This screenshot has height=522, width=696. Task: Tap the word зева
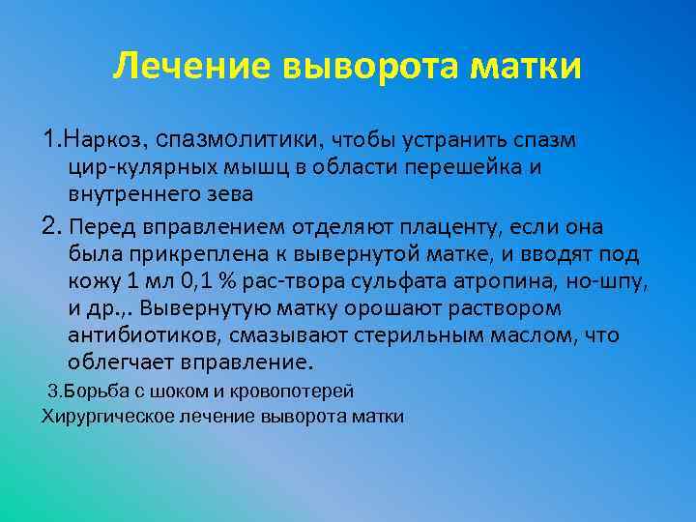click(230, 193)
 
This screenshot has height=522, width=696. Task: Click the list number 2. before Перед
click(50, 227)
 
